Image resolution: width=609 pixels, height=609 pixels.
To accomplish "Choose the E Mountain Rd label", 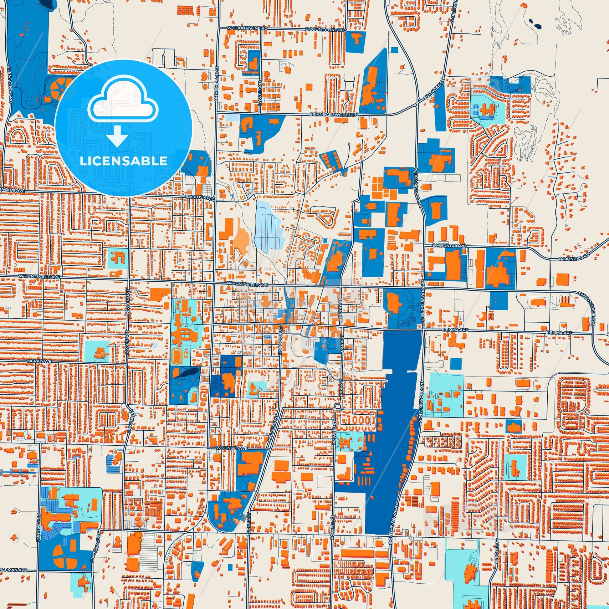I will pyautogui.click(x=449, y=246).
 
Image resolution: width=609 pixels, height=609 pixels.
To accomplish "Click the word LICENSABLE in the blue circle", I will pyautogui.click(x=123, y=161).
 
